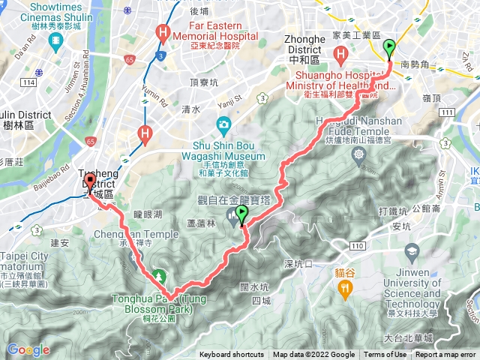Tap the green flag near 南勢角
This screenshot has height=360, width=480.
click(389, 49)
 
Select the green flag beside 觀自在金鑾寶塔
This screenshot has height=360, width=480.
click(241, 216)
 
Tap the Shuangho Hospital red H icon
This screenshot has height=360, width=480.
click(341, 54)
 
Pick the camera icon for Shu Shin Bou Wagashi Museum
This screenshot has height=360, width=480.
click(223, 124)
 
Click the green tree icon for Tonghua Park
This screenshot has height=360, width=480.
click(159, 277)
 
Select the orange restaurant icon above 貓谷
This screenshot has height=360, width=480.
click(345, 286)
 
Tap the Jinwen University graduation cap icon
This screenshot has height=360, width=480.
click(411, 250)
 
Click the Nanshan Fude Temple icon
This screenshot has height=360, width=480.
click(359, 154)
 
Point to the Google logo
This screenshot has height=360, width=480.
click(28, 349)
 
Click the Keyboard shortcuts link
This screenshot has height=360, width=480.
click(232, 355)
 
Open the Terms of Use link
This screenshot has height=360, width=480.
click(385, 355)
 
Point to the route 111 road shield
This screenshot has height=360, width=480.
click(447, 112)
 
